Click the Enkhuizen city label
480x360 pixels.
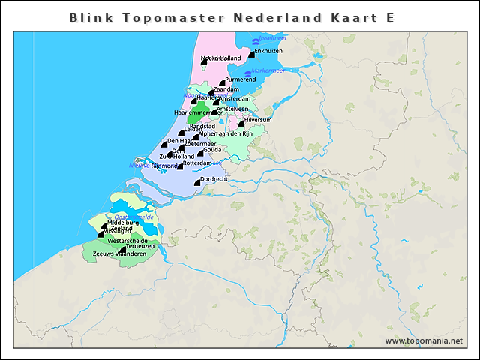pos(268,50)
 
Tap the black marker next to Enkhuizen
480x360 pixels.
pos(252,53)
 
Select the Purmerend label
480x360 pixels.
pos(240,79)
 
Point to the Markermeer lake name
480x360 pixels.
pos(268,71)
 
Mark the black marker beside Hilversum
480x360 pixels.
pos(242,123)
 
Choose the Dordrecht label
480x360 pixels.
pos(214,178)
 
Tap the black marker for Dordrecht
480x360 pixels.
pos(198,181)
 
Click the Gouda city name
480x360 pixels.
pos(212,149)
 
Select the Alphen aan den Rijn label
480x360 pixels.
pos(227,133)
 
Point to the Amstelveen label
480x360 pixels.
pos(232,109)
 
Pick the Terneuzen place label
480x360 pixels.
pos(140,246)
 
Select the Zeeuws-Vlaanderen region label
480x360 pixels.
pos(119,254)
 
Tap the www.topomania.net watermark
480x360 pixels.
pos(424,340)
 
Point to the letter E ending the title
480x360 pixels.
pos(390,16)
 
